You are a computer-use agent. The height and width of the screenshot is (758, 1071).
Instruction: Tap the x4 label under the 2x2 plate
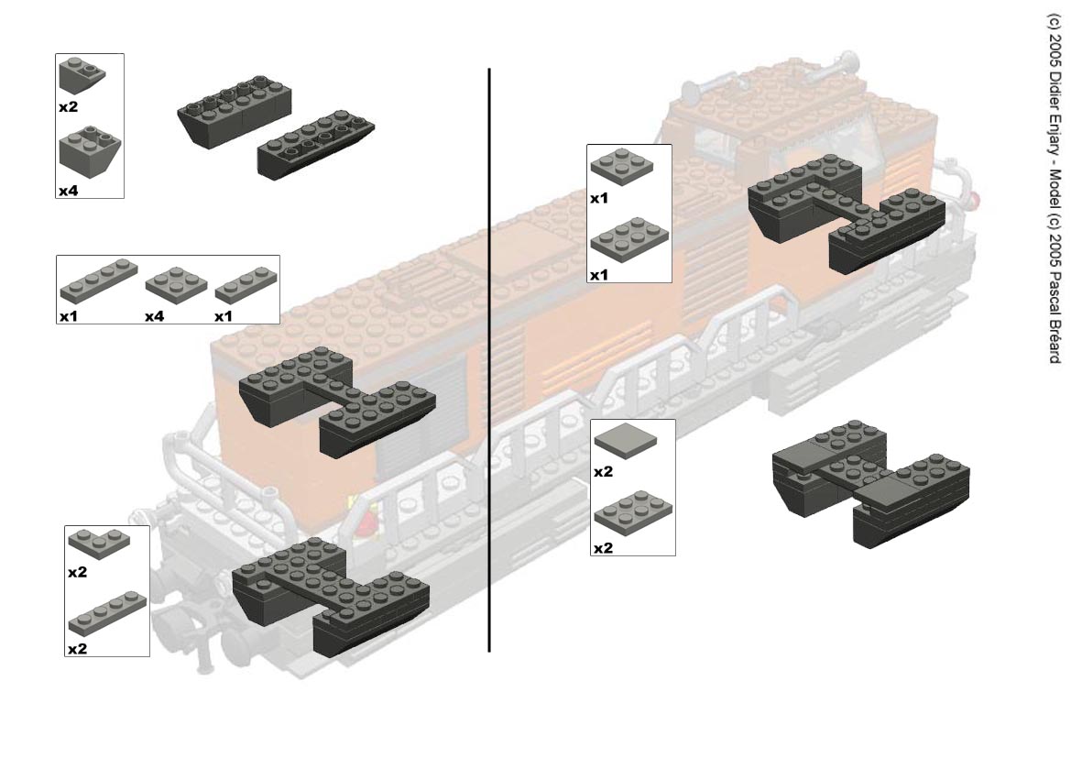[x=154, y=316]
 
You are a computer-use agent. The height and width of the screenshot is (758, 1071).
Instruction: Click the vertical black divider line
[x=489, y=360]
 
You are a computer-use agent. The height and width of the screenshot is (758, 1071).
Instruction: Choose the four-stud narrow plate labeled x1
[x=98, y=280]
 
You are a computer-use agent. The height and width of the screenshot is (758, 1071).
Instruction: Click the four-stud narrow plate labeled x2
[x=107, y=613]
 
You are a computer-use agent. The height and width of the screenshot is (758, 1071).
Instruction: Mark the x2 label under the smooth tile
[x=603, y=472]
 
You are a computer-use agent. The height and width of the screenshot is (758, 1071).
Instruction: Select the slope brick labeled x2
[x=82, y=76]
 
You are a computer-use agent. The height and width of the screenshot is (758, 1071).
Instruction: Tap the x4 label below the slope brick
[x=69, y=192]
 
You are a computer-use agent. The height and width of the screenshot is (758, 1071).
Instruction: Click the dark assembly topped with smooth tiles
[x=871, y=483]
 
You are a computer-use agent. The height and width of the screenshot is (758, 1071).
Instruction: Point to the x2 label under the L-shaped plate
[x=77, y=572]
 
